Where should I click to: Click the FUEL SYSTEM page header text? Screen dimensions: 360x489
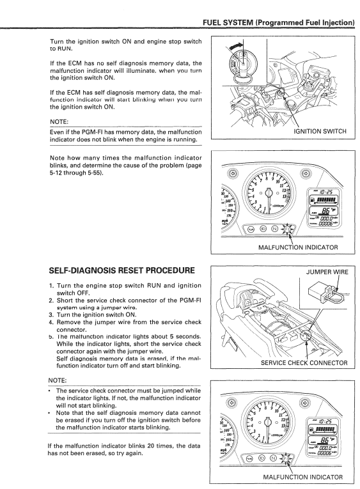pyautogui.click(x=279, y=22)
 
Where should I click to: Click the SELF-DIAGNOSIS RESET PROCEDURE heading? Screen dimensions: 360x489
pyautogui.click(x=122, y=270)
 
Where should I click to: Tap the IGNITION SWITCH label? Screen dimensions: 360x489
pyautogui.click(x=320, y=131)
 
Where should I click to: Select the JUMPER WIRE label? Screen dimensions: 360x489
pyautogui.click(x=327, y=272)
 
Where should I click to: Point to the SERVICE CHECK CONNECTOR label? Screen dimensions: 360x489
pyautogui.click(x=304, y=362)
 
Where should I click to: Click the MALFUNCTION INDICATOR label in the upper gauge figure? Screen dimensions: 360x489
pyautogui.click(x=298, y=247)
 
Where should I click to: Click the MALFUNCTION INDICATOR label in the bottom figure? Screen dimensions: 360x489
pyautogui.click(x=303, y=477)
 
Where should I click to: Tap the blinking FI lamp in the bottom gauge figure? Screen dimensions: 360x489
pyautogui.click(x=286, y=458)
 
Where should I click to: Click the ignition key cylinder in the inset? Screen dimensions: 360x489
pyautogui.click(x=240, y=63)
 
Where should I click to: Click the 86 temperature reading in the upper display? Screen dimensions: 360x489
pyautogui.click(x=325, y=211)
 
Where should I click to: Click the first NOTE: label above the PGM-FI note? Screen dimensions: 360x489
pyautogui.click(x=59, y=121)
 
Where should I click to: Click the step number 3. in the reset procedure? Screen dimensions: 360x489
pyautogui.click(x=51, y=315)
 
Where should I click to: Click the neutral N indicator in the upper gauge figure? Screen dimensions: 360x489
pyautogui.click(x=274, y=230)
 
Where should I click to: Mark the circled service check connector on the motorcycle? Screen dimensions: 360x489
pyautogui.click(x=306, y=336)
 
